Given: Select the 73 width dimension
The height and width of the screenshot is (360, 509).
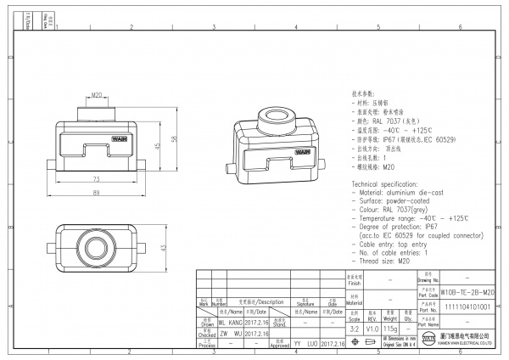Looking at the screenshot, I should pos(96,179).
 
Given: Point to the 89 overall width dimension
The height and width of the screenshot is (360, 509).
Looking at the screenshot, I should pos(96,194).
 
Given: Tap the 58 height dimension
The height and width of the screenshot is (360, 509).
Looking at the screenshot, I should pos(173,138).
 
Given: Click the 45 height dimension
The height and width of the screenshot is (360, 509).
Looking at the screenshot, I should pos(157,145).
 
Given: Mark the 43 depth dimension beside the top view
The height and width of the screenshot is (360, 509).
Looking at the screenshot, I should pos(161,247).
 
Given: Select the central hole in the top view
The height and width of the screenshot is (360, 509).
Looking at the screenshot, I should pos(96,247).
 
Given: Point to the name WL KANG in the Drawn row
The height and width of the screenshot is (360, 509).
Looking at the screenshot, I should pos(231,323).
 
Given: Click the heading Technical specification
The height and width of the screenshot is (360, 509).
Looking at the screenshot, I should pos(389,183).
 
